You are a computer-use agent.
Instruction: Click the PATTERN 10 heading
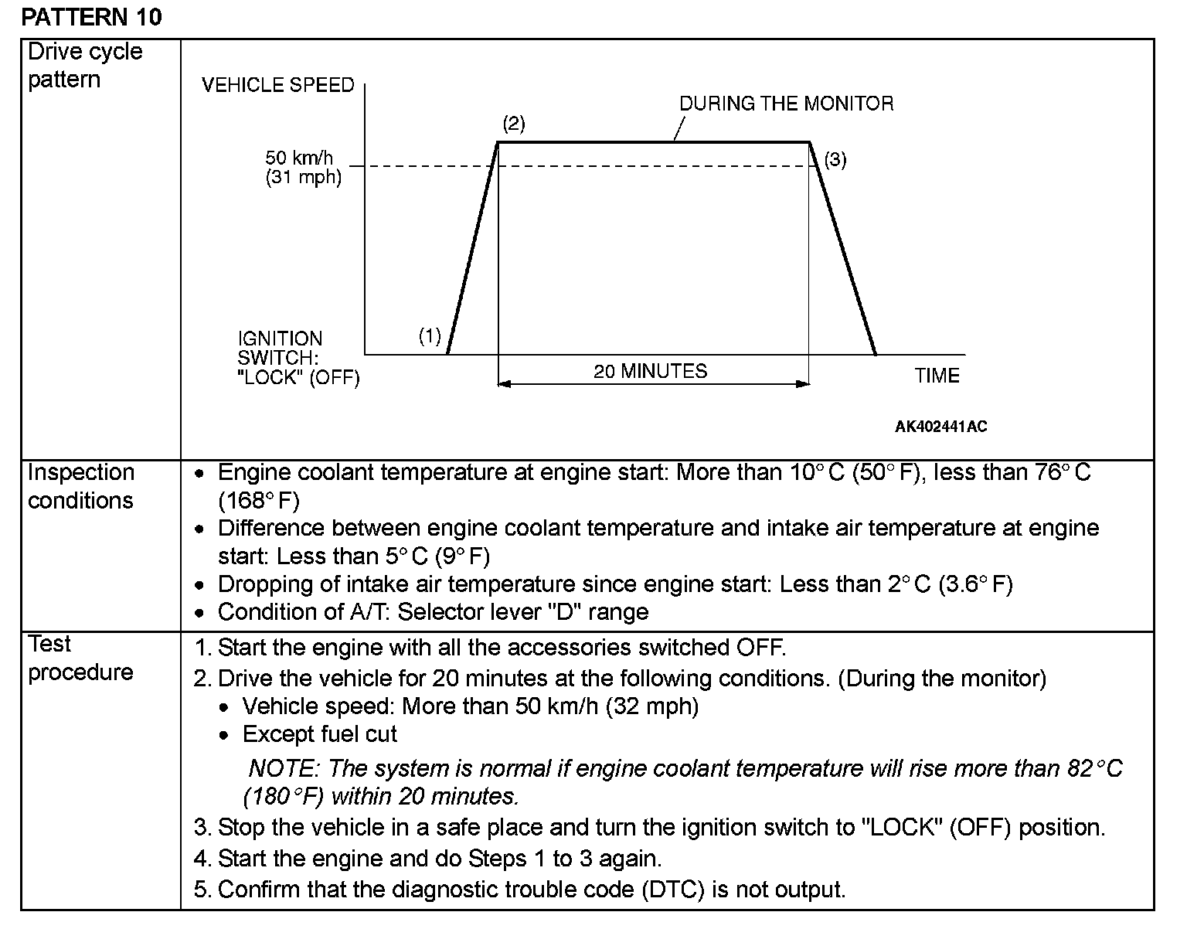click(92, 17)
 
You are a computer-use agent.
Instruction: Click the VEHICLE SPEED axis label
click(277, 85)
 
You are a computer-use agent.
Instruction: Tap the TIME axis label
click(937, 376)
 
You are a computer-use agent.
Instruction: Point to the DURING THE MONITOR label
click(786, 104)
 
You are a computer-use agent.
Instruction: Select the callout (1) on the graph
click(430, 335)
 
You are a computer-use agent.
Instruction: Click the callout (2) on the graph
click(513, 124)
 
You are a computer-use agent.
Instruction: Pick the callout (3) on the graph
click(835, 160)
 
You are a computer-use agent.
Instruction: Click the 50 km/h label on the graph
click(299, 158)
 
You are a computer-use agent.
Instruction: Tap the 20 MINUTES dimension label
click(650, 371)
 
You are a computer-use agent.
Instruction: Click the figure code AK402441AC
click(940, 427)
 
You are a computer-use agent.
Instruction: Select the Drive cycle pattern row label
click(85, 66)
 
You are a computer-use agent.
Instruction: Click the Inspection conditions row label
click(81, 486)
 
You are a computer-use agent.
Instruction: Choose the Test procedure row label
click(80, 658)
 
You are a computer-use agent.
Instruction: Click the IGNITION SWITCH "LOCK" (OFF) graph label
click(298, 359)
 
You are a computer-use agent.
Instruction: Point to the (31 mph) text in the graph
click(303, 178)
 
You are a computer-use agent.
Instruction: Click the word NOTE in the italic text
click(282, 768)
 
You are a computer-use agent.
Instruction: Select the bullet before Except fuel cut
click(224, 735)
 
